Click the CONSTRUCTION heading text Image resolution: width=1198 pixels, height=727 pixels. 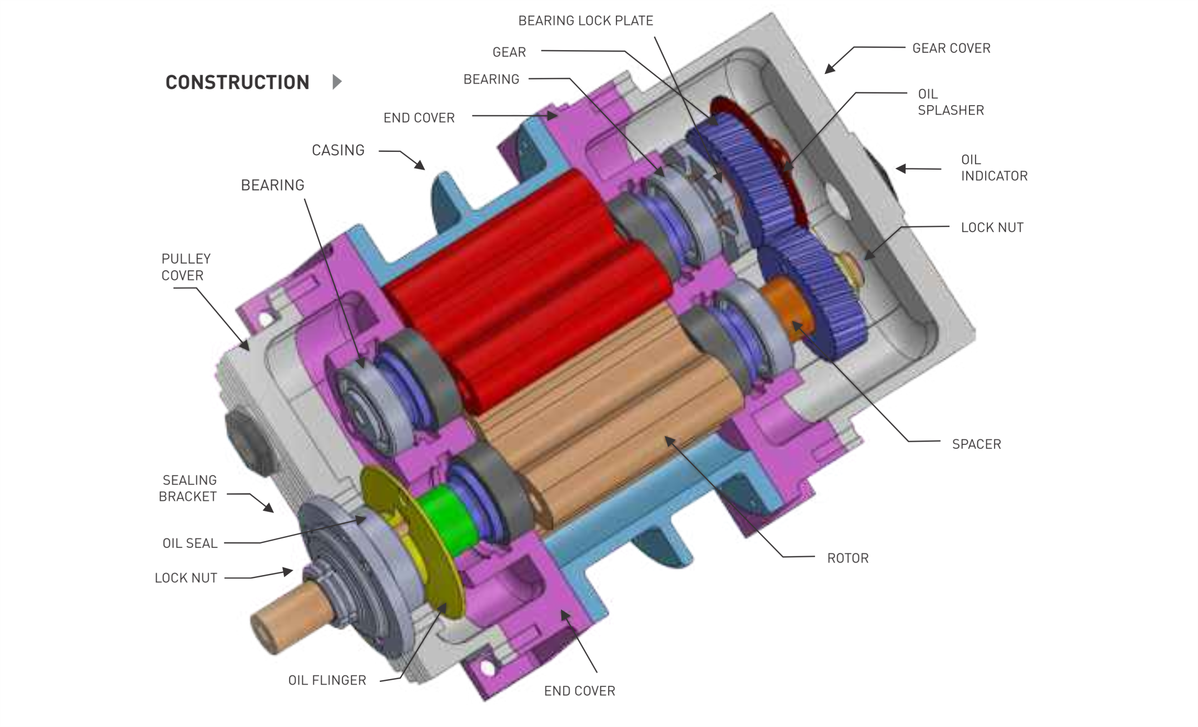(237, 82)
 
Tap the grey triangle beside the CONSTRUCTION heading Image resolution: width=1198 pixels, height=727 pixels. (337, 82)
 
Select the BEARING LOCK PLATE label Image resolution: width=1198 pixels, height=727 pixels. (585, 21)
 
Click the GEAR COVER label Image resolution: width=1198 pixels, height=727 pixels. (951, 48)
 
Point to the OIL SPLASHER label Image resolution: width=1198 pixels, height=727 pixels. (951, 102)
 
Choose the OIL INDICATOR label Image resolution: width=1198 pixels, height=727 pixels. (994, 168)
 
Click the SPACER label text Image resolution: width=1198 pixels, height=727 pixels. (976, 444)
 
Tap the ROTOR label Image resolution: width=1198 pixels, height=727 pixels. (848, 558)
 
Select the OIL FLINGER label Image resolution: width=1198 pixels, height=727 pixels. (327, 680)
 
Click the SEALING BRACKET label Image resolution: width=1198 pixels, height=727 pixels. (188, 488)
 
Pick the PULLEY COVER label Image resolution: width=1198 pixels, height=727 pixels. (186, 267)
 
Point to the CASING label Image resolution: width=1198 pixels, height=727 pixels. (338, 150)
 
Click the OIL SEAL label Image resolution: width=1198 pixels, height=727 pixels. (190, 543)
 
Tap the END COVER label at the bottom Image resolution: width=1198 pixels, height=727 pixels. (579, 691)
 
